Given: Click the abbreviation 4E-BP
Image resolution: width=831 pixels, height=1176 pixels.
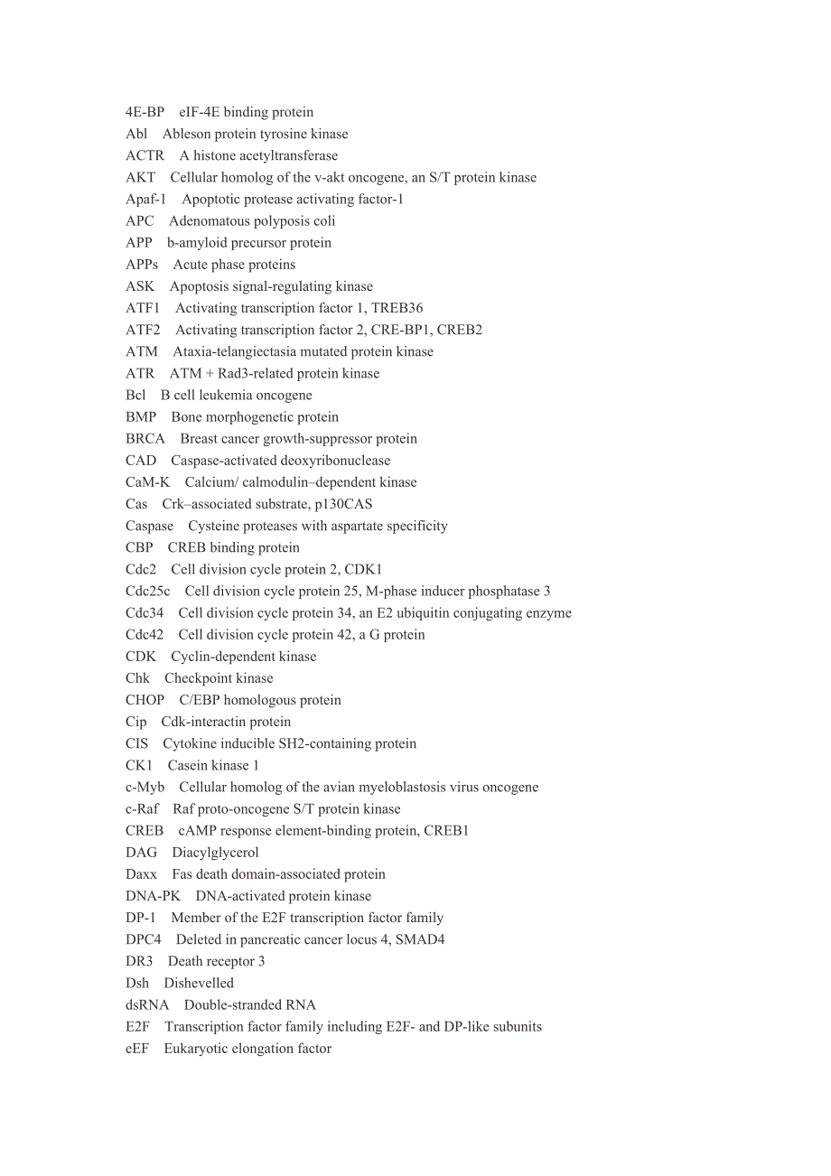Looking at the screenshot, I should tap(145, 112).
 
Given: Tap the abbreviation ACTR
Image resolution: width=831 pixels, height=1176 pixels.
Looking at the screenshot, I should tap(145, 155).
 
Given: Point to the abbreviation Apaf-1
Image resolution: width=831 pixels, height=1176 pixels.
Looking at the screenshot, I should tap(145, 199).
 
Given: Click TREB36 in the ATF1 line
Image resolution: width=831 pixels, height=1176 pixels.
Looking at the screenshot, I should tap(397, 308).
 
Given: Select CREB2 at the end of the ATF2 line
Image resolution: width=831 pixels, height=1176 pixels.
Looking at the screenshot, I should tap(459, 330).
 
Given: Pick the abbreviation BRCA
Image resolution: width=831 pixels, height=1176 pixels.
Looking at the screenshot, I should tap(145, 439).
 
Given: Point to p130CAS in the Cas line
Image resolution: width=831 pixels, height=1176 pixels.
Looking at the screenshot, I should tap(339, 504).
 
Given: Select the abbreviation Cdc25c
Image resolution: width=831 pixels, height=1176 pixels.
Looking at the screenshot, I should tap(148, 591).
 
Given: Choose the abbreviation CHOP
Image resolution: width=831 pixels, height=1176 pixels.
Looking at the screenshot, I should tap(145, 700).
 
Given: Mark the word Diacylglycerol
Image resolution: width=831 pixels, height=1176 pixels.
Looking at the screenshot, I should tap(215, 853).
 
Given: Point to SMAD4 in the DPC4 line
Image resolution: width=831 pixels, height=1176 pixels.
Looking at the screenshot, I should tap(420, 939).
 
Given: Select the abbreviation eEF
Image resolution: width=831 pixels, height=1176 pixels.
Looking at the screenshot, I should tap(137, 1049).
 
